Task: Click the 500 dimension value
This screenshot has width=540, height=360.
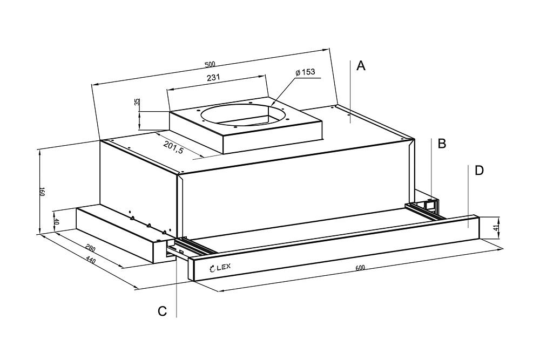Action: [210, 64]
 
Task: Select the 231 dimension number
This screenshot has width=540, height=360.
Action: [213, 78]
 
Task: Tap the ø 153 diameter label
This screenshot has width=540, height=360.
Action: [305, 72]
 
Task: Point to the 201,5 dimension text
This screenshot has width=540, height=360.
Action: [173, 146]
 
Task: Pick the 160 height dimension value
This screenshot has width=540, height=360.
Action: [42, 192]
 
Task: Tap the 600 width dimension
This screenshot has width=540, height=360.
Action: [361, 268]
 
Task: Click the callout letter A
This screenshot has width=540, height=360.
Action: [361, 66]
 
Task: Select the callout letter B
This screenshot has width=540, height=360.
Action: [442, 144]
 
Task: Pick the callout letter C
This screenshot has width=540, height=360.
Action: [162, 311]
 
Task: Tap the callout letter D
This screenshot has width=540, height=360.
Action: [479, 171]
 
